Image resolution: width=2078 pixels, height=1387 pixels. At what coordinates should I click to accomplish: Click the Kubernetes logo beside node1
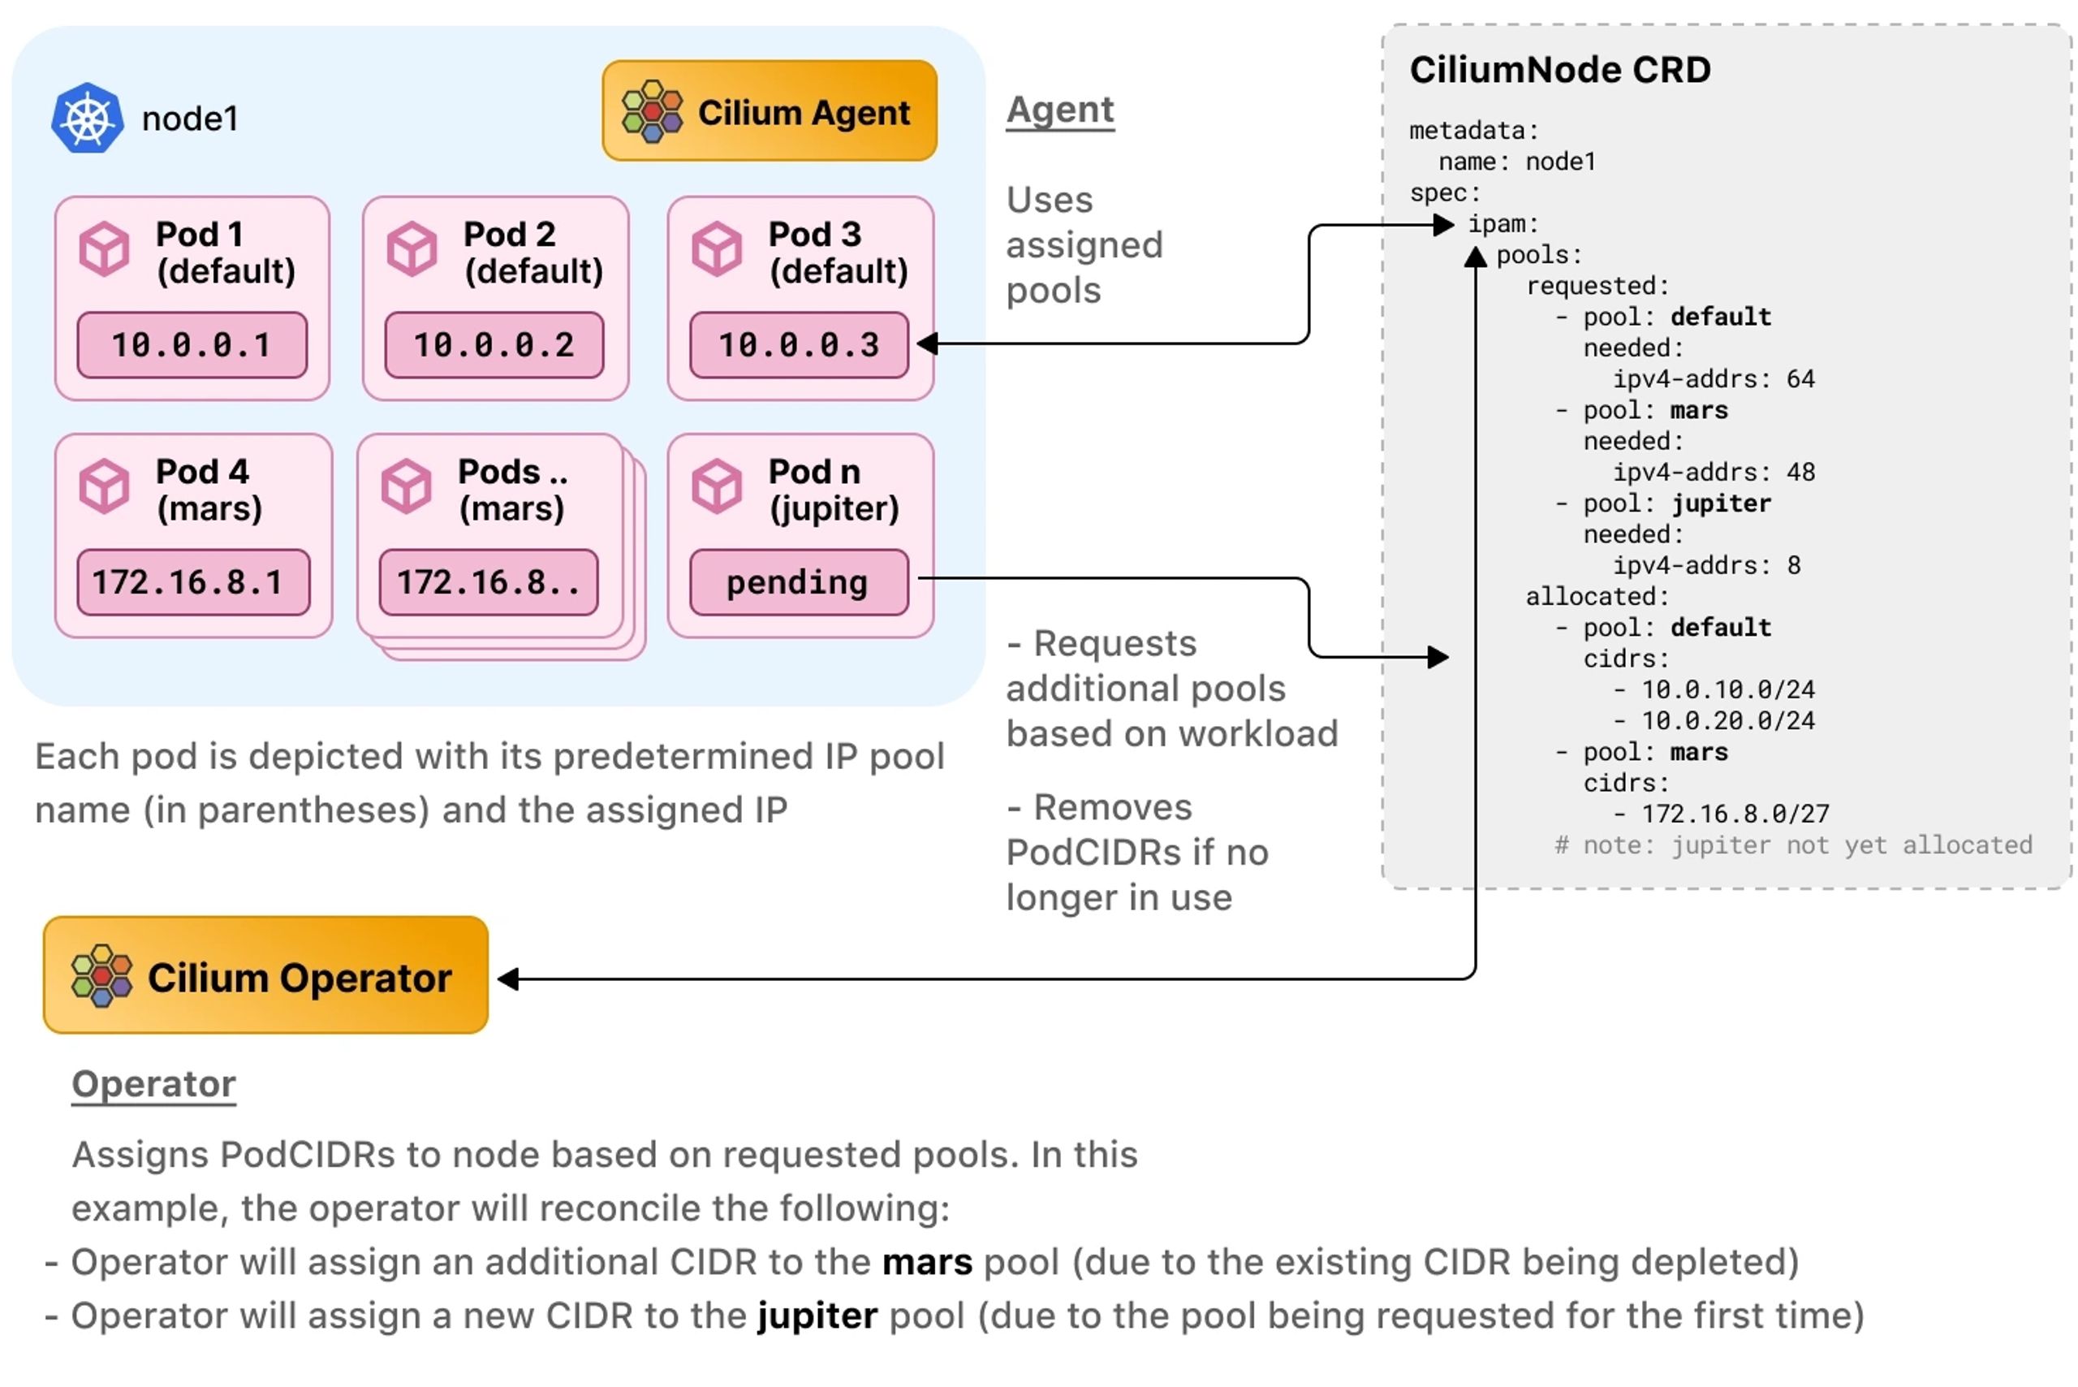[x=87, y=118]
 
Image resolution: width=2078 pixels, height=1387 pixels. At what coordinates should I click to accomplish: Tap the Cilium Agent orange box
[x=769, y=111]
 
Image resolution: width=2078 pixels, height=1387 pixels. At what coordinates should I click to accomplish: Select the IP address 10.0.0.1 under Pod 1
[x=192, y=345]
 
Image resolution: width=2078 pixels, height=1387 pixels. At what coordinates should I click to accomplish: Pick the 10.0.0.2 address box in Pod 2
[x=494, y=345]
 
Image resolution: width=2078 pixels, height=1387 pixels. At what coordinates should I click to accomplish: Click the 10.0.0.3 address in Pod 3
[x=799, y=345]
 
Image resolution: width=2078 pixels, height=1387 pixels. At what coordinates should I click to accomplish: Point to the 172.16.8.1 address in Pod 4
[x=192, y=582]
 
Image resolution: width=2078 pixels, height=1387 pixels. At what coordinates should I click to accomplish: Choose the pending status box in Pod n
[x=799, y=582]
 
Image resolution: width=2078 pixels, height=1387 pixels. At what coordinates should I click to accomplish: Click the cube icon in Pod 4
[x=105, y=486]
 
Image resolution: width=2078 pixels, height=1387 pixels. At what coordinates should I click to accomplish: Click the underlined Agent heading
[x=1059, y=110]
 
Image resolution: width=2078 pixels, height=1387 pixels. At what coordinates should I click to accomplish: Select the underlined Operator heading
[x=154, y=1083]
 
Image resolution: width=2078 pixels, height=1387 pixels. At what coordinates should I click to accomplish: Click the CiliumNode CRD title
[x=1559, y=70]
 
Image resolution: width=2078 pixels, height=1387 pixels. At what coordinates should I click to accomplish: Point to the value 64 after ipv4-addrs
[x=1800, y=379]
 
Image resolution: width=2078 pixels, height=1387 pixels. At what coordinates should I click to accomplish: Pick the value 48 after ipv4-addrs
[x=1800, y=473]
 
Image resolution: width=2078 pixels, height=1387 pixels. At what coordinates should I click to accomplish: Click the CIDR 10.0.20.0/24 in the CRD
[x=1727, y=721]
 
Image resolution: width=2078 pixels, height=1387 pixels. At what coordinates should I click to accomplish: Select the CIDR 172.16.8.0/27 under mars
[x=1734, y=814]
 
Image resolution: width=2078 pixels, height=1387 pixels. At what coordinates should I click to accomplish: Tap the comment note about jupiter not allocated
[x=1792, y=845]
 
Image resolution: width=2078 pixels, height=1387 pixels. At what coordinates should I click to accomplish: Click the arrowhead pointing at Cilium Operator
[x=508, y=979]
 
